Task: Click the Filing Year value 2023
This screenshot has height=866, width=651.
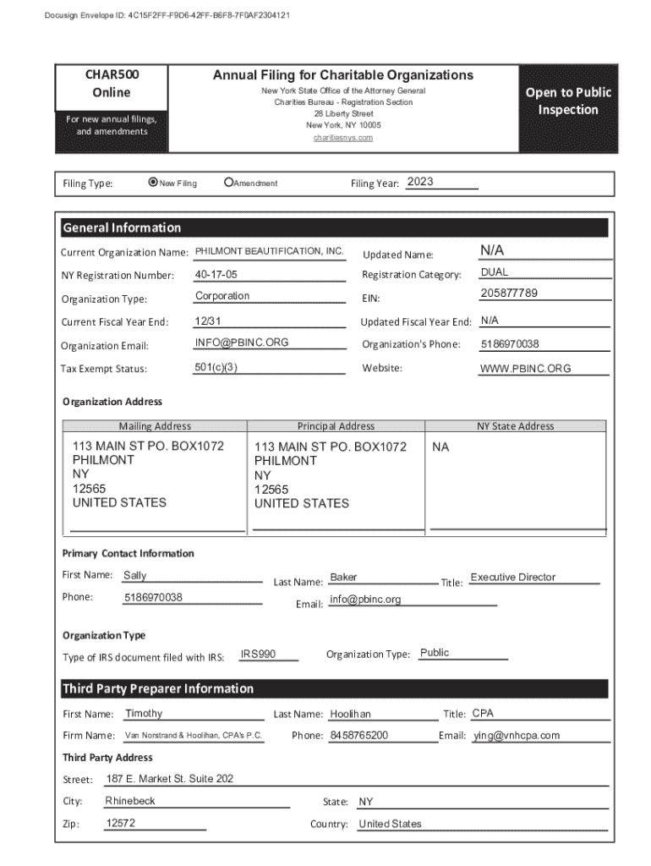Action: click(x=420, y=183)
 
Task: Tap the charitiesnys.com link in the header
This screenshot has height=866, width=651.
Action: click(x=342, y=137)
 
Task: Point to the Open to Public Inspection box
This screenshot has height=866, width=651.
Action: click(x=567, y=101)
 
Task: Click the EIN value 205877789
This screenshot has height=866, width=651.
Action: click(x=508, y=293)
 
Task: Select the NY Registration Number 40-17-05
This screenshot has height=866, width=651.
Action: click(x=216, y=275)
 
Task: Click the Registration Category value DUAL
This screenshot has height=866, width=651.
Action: click(x=494, y=272)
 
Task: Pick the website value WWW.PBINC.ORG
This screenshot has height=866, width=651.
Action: click(x=525, y=369)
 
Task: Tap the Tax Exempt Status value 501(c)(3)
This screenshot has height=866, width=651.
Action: click(x=216, y=367)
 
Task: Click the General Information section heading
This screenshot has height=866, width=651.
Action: click(x=122, y=227)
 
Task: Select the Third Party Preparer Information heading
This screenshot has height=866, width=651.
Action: click(x=157, y=688)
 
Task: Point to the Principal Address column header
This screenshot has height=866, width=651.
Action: click(x=336, y=426)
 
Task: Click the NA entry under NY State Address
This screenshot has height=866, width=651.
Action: click(x=440, y=447)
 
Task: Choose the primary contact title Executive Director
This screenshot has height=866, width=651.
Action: click(x=512, y=577)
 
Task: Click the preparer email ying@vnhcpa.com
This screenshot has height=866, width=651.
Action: click(x=516, y=735)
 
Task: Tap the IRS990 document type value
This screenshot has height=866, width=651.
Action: click(x=258, y=654)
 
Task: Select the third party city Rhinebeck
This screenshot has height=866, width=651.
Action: click(x=130, y=801)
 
